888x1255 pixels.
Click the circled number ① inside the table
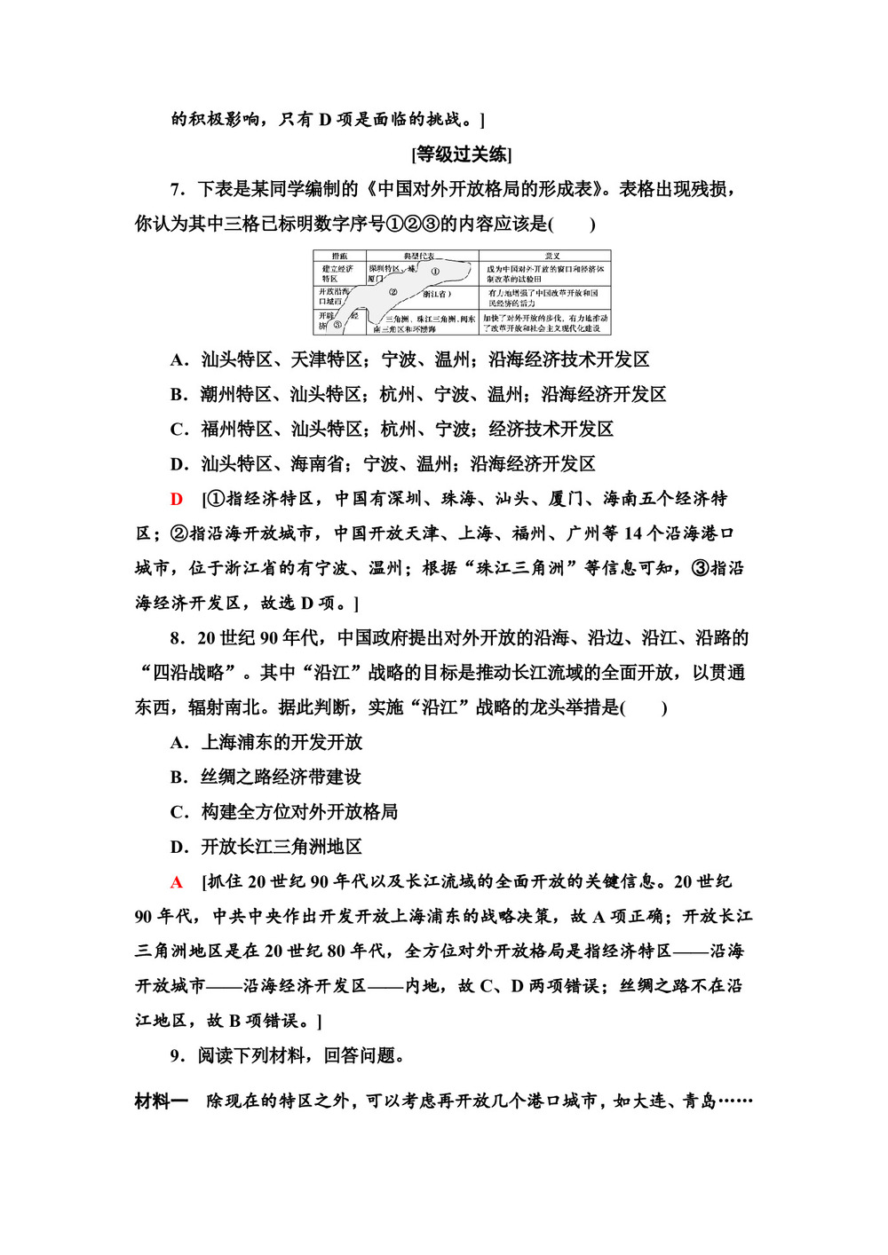(435, 271)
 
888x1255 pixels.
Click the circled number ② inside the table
(392, 291)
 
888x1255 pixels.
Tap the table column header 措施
(338, 256)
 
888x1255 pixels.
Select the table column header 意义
(552, 256)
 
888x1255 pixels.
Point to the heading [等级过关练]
(462, 154)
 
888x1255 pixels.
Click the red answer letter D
(177, 499)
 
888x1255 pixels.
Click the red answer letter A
(177, 881)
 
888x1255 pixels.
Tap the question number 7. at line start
(178, 189)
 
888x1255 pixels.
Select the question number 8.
(178, 638)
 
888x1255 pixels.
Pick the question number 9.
(178, 1055)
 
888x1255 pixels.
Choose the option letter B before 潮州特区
(178, 394)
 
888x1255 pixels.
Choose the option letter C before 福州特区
(178, 429)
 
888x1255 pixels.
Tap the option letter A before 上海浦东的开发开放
(178, 742)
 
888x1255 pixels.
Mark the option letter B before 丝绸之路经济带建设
(178, 777)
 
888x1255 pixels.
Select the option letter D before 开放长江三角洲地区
(178, 847)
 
